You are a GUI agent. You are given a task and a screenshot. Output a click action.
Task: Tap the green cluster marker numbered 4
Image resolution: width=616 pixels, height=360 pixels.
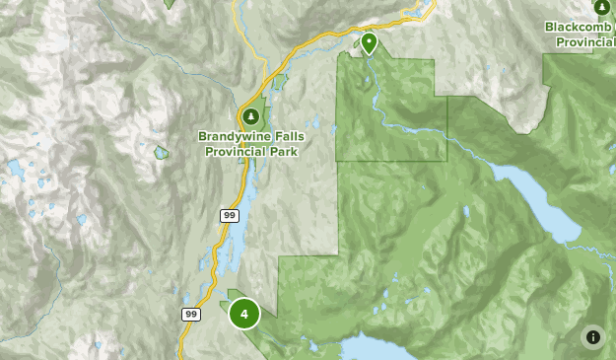click(244, 314)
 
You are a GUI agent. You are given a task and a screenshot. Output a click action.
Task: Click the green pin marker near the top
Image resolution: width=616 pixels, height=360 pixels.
click(369, 42)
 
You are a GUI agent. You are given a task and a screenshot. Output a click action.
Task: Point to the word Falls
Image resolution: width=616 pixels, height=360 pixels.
click(287, 137)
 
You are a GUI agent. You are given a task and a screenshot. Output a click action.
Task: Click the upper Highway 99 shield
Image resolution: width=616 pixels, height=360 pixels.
click(229, 216)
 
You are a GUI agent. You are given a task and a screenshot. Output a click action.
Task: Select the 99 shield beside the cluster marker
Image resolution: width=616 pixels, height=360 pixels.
click(191, 314)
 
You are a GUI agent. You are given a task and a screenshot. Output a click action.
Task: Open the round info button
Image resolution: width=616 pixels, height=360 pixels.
click(592, 337)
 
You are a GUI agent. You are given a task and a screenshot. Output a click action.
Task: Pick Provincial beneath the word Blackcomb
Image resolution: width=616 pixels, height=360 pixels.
click(585, 42)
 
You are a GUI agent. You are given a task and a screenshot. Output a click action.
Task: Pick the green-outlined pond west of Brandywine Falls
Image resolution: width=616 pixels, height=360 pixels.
click(161, 153)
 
